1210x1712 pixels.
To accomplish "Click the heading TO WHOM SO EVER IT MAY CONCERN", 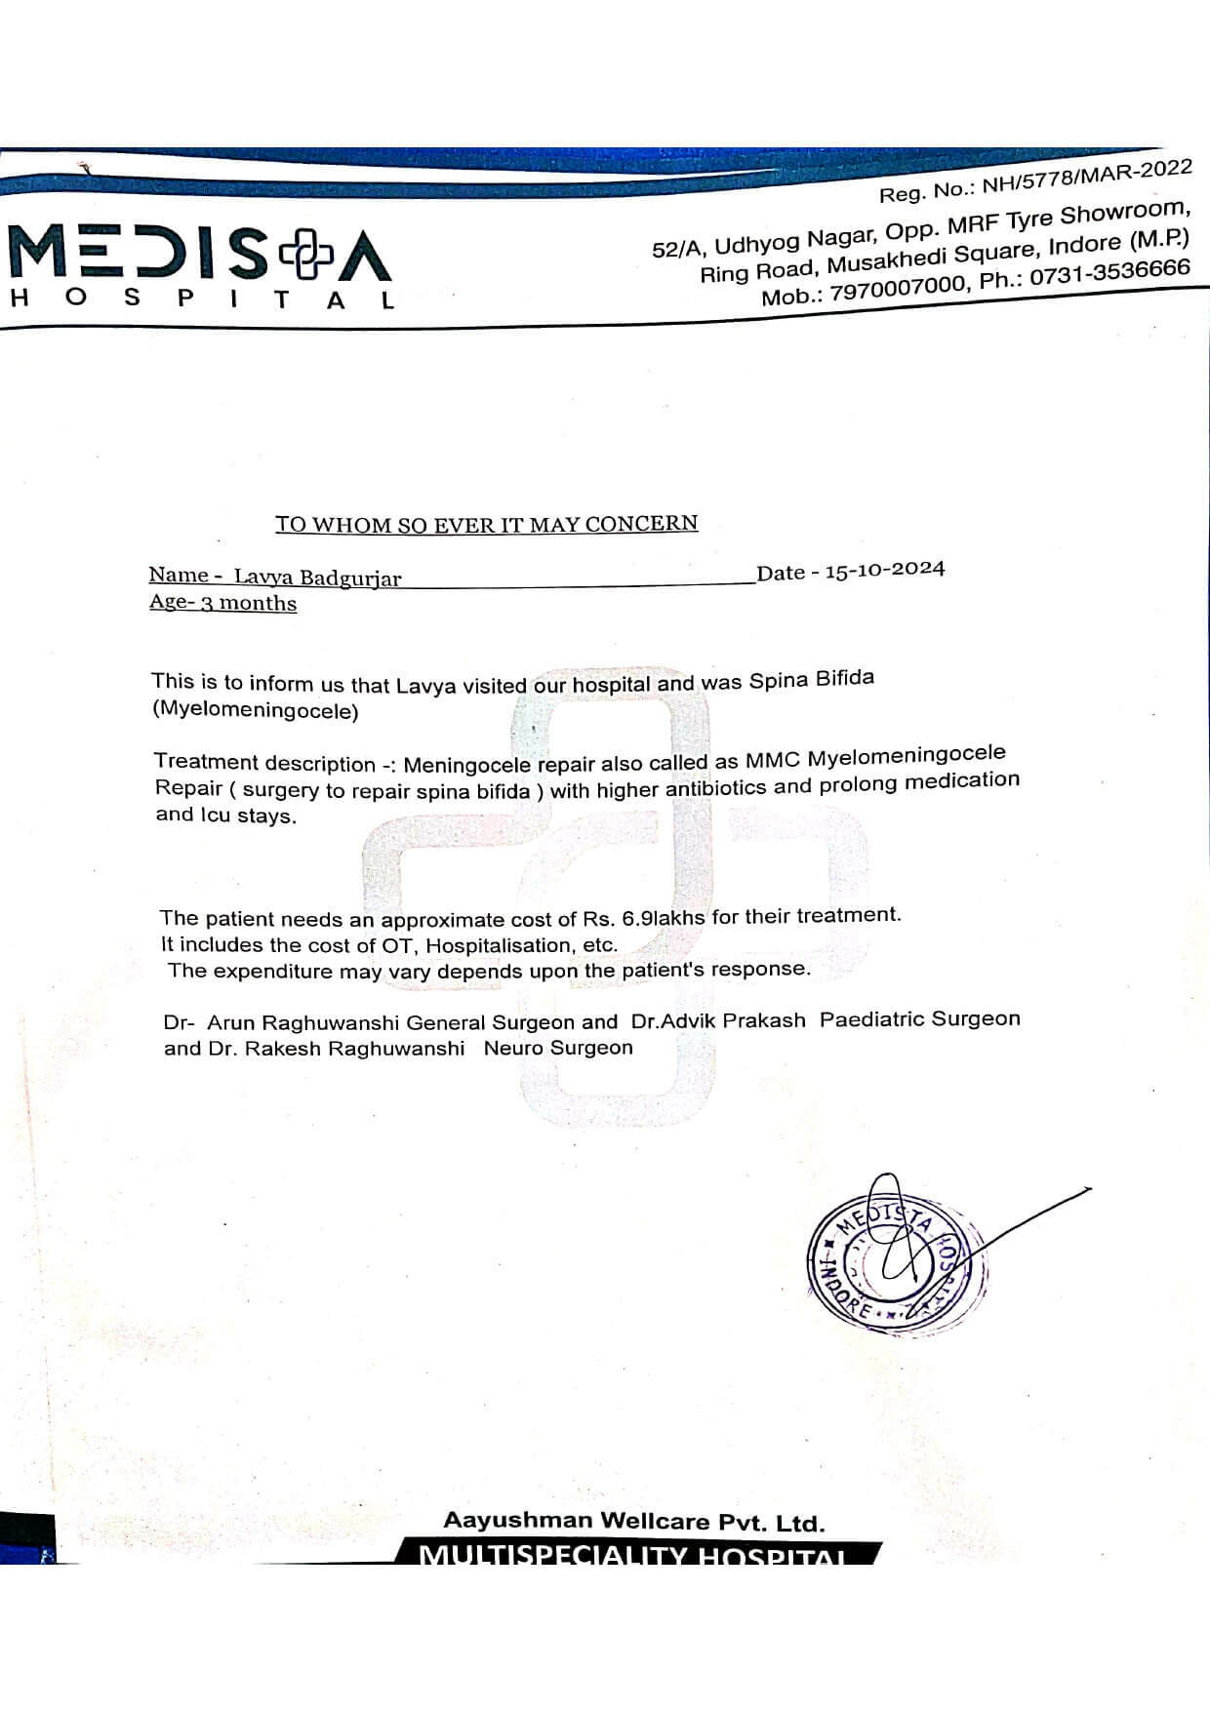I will pos(486,524).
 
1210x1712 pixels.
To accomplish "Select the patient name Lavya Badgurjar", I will pos(317,577).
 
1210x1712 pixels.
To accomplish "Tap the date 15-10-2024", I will pos(884,570).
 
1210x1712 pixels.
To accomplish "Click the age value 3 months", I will pos(248,603).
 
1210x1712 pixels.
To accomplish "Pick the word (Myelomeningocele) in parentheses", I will pos(256,710).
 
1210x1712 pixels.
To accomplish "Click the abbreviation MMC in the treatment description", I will pos(773,758).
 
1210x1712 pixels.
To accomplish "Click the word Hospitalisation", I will pos(499,944).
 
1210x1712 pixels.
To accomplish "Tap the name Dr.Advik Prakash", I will pos(718,1020).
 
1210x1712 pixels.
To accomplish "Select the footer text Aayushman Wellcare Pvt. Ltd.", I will pos(633,1521).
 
